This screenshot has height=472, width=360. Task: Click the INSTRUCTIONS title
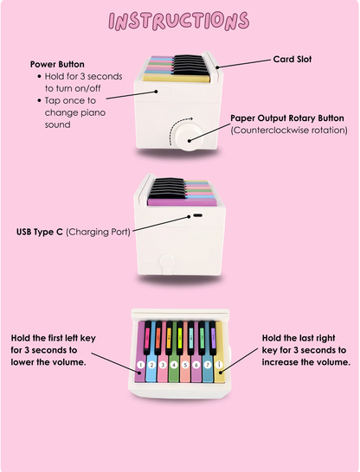pyautogui.click(x=178, y=21)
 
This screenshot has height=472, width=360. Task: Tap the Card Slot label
pyautogui.click(x=292, y=59)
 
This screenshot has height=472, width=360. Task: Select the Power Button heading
pyautogui.click(x=57, y=64)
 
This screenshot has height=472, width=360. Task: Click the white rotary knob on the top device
pyautogui.click(x=189, y=137)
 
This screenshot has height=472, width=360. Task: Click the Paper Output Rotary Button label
pyautogui.click(x=287, y=118)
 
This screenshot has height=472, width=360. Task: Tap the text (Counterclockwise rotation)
pyautogui.click(x=289, y=131)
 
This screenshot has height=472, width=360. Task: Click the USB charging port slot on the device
pyautogui.click(x=198, y=215)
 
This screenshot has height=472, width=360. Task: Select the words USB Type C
pyautogui.click(x=40, y=232)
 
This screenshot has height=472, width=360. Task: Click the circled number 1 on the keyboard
pyautogui.click(x=140, y=365)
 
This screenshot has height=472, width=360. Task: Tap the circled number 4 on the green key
pyautogui.click(x=174, y=365)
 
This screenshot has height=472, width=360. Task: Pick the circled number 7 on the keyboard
pyautogui.click(x=208, y=365)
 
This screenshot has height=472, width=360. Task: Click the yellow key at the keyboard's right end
pyautogui.click(x=219, y=352)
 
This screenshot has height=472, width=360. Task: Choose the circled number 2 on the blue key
pyautogui.click(x=151, y=365)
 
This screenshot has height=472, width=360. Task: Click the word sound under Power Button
pyautogui.click(x=57, y=124)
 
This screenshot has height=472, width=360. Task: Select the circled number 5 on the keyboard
pyautogui.click(x=185, y=365)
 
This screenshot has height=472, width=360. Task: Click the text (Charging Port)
pyautogui.click(x=98, y=232)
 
